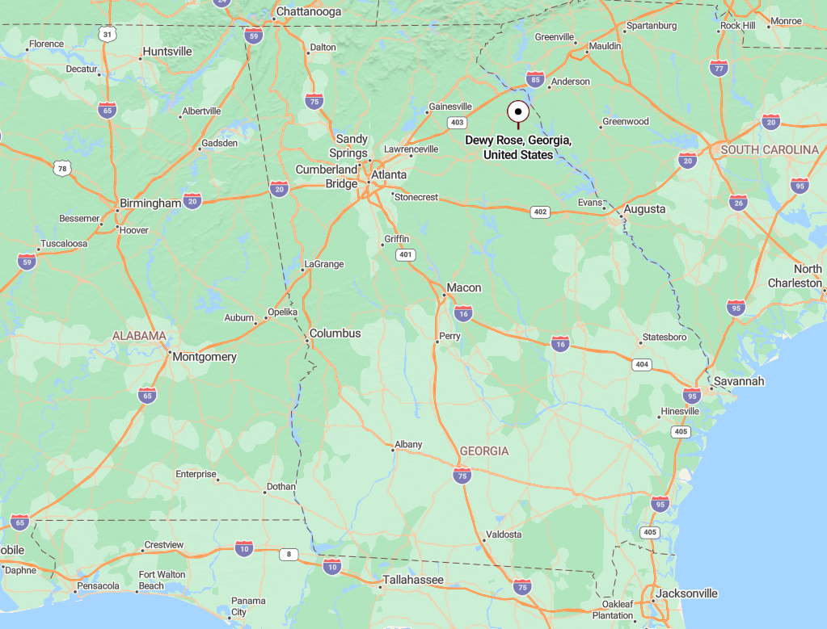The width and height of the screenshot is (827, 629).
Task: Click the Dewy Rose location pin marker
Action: tap(517, 111)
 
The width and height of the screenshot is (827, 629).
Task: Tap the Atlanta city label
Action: tap(389, 174)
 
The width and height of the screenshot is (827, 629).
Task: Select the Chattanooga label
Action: tap(308, 12)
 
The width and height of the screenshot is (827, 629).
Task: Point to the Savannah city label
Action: tap(738, 381)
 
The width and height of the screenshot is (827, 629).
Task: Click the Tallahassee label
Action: tap(413, 580)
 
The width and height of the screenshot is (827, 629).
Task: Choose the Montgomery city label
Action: tap(205, 357)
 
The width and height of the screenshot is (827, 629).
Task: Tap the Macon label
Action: tap(464, 288)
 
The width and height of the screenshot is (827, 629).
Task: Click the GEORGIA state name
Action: tap(484, 451)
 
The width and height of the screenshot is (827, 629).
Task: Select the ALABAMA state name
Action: tap(139, 336)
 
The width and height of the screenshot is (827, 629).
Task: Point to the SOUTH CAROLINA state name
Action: tap(770, 150)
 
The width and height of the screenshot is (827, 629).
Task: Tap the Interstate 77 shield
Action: tap(718, 68)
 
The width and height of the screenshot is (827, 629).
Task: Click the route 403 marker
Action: tap(458, 123)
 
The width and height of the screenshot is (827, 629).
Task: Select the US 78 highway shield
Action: tap(62, 168)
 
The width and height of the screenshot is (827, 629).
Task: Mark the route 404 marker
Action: tap(642, 365)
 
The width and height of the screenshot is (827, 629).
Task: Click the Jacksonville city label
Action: tap(687, 593)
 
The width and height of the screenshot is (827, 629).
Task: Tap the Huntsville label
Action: tap(167, 52)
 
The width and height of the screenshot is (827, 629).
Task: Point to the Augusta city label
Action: tap(645, 209)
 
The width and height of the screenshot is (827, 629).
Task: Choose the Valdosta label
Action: tap(503, 535)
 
